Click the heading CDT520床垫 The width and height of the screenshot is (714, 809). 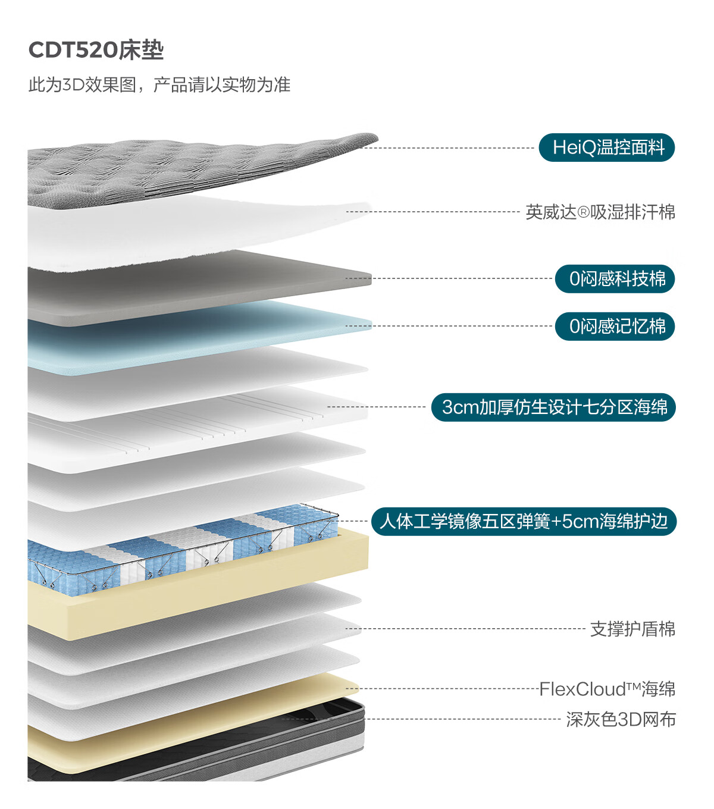click(x=96, y=50)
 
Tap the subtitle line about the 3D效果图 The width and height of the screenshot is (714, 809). click(x=159, y=84)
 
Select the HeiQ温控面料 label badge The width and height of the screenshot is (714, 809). click(x=606, y=148)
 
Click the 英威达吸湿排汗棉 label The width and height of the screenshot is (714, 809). click(x=600, y=212)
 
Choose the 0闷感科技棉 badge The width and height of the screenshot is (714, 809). click(x=615, y=279)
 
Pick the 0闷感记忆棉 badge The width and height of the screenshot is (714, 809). click(x=615, y=326)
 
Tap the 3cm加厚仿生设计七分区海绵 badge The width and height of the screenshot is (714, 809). click(x=553, y=407)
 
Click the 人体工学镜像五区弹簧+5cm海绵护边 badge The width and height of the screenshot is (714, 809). click(x=524, y=522)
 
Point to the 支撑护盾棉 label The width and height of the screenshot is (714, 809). click(x=633, y=629)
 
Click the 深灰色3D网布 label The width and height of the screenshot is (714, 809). click(x=621, y=720)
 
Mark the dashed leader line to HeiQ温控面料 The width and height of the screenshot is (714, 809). click(x=447, y=148)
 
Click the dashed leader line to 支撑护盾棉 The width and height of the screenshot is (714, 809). click(x=465, y=629)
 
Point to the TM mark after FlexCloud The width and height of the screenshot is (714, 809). click(x=634, y=686)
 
